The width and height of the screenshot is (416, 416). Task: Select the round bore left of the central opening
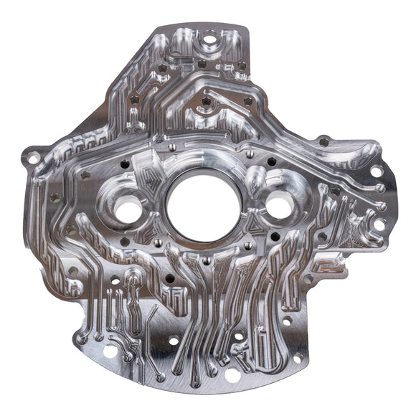[128, 210]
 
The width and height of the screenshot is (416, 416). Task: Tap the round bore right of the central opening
[279, 205]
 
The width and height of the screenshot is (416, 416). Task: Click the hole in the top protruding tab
[209, 41]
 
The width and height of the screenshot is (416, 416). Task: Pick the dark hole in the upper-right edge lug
[324, 142]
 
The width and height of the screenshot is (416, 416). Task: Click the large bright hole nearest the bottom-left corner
[110, 352]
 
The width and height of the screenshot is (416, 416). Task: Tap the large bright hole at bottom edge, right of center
[232, 374]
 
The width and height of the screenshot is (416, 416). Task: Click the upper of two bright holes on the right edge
[376, 171]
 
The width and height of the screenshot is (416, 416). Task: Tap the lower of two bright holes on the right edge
[379, 224]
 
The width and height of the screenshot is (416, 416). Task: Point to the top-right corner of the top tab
[246, 29]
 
